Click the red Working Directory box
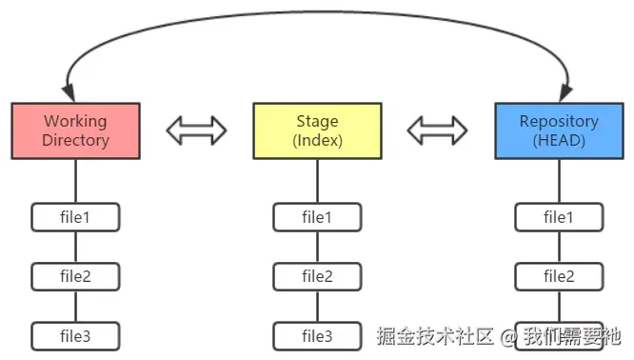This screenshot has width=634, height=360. click(76, 131)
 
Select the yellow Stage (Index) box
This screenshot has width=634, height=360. click(317, 131)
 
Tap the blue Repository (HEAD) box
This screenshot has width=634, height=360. click(559, 131)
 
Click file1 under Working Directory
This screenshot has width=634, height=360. click(76, 217)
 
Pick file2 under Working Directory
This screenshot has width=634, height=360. click(76, 276)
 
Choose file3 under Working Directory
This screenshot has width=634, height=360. click(76, 335)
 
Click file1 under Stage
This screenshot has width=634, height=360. click(317, 217)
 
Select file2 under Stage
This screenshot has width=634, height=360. click(317, 276)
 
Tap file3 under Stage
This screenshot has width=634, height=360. click(317, 335)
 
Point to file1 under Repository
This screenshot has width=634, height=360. click(559, 217)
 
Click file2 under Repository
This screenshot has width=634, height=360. click(559, 276)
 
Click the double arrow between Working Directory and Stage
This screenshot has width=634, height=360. click(196, 130)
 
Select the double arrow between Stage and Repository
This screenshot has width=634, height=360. click(438, 130)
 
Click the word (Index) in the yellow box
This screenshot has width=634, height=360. click(317, 141)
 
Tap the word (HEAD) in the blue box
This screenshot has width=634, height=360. click(559, 141)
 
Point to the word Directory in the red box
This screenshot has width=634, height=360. click(76, 141)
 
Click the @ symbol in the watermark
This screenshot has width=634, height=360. click(509, 336)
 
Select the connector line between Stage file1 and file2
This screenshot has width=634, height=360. click(317, 247)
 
